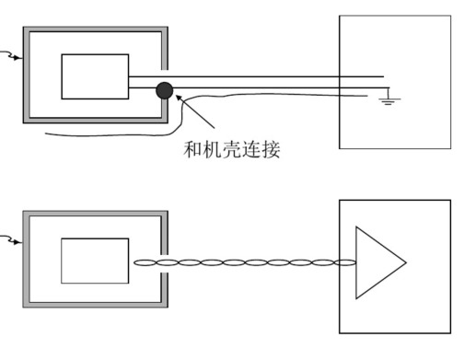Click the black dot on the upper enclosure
[164, 89]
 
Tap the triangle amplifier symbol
[376, 262]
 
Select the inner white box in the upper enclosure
[95, 76]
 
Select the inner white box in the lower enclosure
[95, 261]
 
